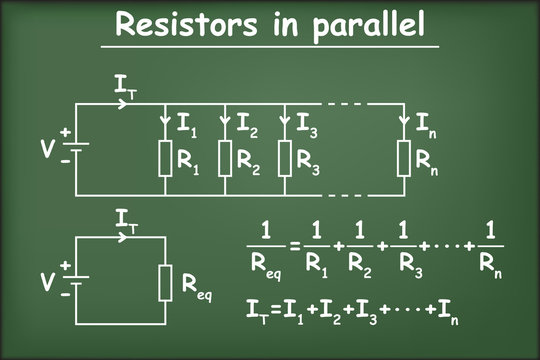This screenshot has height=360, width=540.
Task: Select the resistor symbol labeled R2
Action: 225,156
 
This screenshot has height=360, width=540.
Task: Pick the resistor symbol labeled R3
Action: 284,156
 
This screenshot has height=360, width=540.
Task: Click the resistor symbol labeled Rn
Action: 404,156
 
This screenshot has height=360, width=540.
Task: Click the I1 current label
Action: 187,125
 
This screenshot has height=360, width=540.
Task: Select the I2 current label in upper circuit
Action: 247,125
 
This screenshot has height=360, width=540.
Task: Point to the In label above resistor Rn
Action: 426,125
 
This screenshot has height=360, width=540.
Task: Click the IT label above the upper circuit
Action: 126,89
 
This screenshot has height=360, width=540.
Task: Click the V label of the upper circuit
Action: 47,149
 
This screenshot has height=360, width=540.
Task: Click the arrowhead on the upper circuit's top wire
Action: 125,104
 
